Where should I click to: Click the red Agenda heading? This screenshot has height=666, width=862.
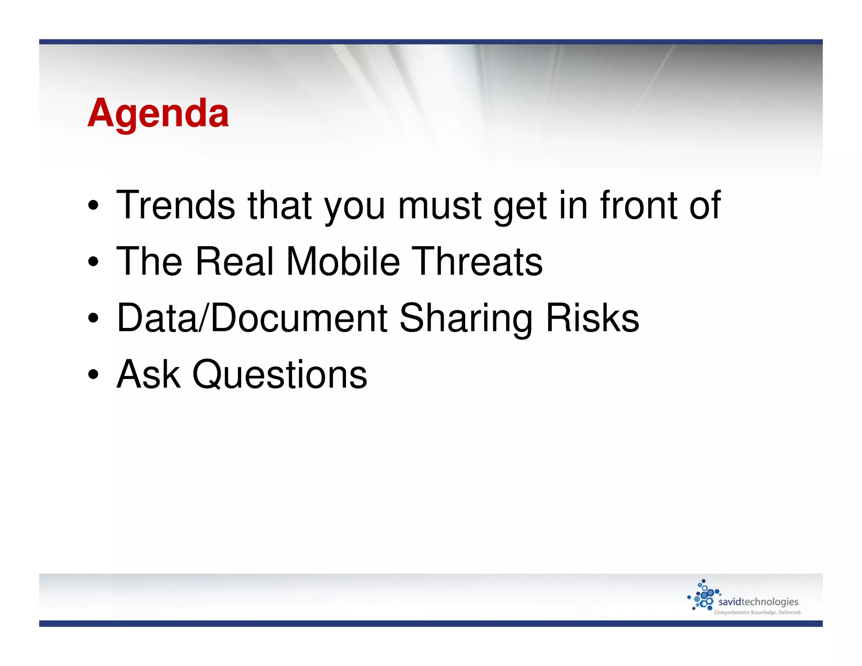coord(158,113)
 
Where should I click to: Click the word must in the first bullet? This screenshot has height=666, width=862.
coord(439,206)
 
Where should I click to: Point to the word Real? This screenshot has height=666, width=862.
coord(235,261)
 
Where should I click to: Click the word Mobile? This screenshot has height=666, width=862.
coord(343,261)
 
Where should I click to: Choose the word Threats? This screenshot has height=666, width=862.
coord(476,261)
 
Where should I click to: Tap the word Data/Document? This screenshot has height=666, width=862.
coord(252,318)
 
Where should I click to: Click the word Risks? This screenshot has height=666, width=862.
coord(592,318)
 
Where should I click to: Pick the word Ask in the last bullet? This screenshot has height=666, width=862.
coord(149,374)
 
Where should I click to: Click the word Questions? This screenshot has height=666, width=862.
coord(279,375)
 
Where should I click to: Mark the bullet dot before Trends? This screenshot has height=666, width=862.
coord(93,206)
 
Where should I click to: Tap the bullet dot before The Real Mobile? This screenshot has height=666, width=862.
coord(93,262)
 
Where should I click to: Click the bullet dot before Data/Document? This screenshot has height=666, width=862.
coord(93,318)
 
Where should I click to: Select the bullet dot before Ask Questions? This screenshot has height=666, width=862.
coord(93,374)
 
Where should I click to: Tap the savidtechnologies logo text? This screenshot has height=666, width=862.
coord(758,602)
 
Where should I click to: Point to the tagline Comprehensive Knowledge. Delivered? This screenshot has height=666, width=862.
coord(758,613)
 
